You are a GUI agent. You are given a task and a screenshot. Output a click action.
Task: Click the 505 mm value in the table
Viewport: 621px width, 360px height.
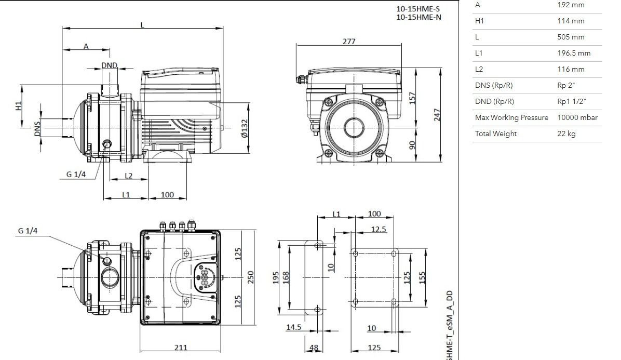571,37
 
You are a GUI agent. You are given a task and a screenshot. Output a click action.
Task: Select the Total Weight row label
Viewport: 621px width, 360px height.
496,134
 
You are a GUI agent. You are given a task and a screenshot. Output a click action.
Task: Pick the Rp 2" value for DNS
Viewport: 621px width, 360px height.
566,85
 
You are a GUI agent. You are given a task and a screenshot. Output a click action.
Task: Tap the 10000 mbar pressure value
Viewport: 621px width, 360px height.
577,117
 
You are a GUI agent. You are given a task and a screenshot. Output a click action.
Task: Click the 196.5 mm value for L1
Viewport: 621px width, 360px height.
574,53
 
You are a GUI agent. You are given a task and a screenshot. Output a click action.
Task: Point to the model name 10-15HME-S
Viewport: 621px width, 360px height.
418,9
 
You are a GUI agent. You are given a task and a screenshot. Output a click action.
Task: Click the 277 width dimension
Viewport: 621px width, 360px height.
349,41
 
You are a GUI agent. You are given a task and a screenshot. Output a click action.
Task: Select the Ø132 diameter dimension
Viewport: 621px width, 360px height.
245,128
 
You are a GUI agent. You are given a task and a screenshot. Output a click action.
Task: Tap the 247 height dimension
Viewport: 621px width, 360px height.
437,115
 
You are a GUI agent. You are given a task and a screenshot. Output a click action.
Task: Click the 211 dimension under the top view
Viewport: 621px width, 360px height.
181,348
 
